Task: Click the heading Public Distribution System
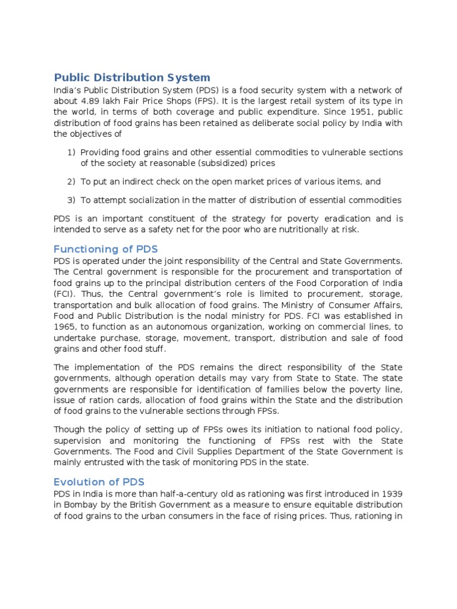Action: pos(132,77)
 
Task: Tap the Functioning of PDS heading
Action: pos(106,249)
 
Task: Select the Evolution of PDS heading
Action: pos(99,482)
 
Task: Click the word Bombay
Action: pos(82,505)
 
